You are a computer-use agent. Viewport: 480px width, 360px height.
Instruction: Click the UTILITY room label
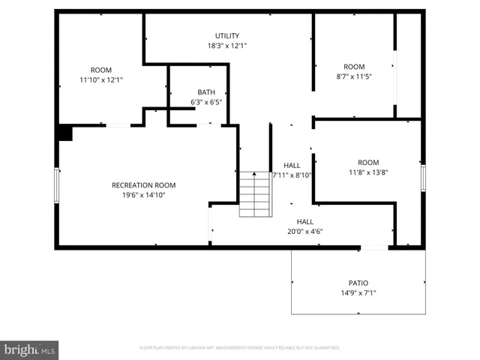[x=226, y=35]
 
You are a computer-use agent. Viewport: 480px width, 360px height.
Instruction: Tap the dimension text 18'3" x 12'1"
[x=226, y=45]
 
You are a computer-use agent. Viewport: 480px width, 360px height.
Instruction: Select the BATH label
[x=206, y=92]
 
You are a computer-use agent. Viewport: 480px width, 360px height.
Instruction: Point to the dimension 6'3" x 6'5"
[x=206, y=102]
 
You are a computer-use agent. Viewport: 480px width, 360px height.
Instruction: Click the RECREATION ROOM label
[x=143, y=185]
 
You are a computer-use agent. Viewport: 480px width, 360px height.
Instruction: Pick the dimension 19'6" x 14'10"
[x=143, y=195]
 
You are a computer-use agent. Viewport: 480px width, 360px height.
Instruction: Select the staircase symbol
[x=255, y=194]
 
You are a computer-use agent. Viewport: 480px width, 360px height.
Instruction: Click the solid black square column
[x=64, y=133]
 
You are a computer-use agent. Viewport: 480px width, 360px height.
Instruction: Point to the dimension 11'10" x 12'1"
[x=101, y=79]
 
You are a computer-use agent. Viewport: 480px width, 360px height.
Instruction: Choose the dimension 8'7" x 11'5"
[x=354, y=76]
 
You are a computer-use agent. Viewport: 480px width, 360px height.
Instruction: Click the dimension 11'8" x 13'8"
[x=368, y=172]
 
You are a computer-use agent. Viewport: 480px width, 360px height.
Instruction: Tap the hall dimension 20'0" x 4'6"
[x=304, y=232]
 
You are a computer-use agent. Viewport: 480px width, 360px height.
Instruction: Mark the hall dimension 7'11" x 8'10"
[x=292, y=175]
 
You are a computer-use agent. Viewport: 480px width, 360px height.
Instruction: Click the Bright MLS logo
[x=30, y=349]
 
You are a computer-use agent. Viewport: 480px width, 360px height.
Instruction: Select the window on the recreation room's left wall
[x=57, y=184]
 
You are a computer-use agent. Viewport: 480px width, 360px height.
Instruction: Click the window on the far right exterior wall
[x=423, y=178]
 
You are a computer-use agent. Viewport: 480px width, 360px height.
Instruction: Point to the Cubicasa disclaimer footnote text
[x=240, y=348]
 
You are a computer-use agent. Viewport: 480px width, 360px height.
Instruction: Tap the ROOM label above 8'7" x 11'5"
[x=354, y=67]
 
